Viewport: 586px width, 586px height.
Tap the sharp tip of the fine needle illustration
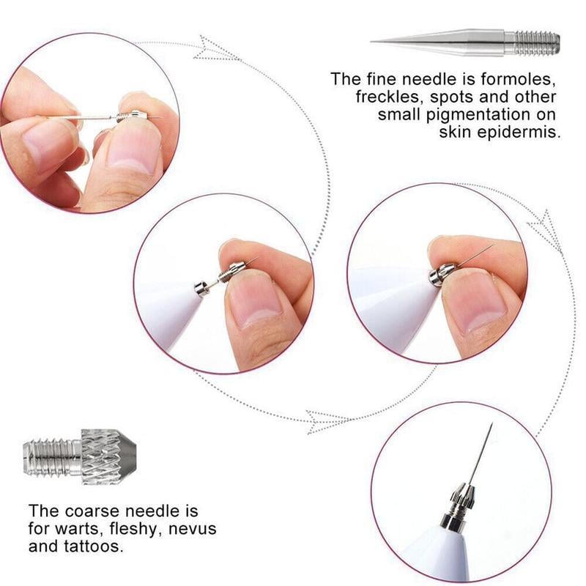point(374,41)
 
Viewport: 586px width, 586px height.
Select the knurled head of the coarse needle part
point(106,456)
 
